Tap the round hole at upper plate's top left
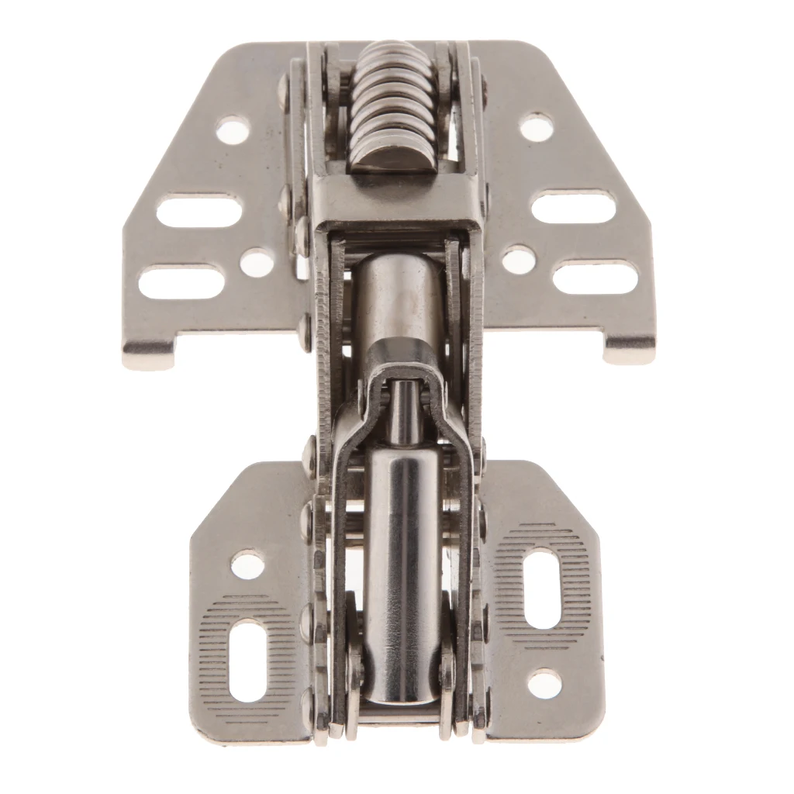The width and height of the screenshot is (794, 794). click(x=233, y=129)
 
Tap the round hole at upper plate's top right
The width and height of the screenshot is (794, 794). click(x=536, y=126)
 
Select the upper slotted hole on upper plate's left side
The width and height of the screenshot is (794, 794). click(x=198, y=211)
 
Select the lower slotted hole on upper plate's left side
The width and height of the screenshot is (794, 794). click(x=181, y=281)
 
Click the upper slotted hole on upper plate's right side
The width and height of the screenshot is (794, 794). click(x=574, y=207)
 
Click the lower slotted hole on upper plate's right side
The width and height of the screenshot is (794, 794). click(x=595, y=278)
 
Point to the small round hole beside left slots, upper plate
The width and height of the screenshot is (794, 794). click(x=257, y=264)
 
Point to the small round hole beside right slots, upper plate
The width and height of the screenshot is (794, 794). click(x=518, y=260)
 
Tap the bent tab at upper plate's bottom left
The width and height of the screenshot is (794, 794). click(x=147, y=354)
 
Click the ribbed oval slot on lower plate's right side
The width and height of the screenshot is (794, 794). click(x=542, y=588)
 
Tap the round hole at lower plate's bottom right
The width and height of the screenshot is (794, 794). click(x=544, y=683)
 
